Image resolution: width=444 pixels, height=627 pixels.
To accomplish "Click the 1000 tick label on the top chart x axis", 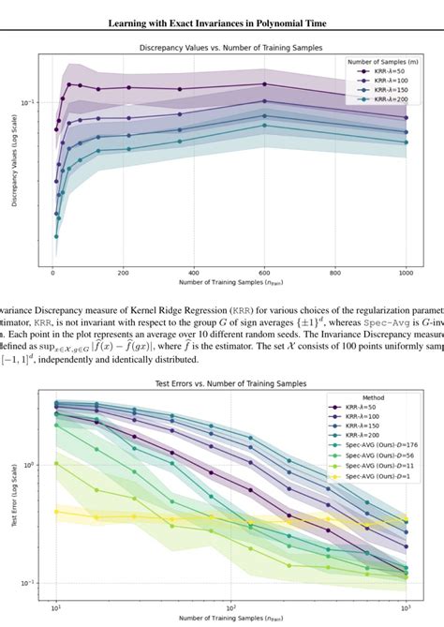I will pos(407,272).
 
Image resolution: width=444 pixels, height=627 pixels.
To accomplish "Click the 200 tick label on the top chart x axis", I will pos(124,272).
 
